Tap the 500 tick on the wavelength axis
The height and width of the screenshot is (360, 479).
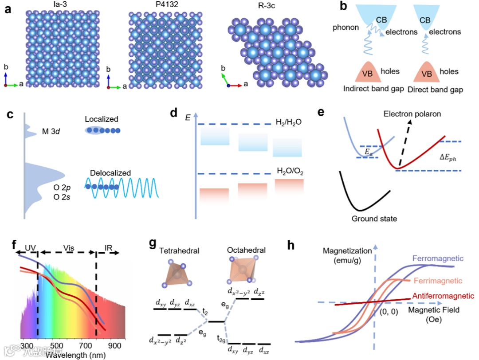pos(55,345)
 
